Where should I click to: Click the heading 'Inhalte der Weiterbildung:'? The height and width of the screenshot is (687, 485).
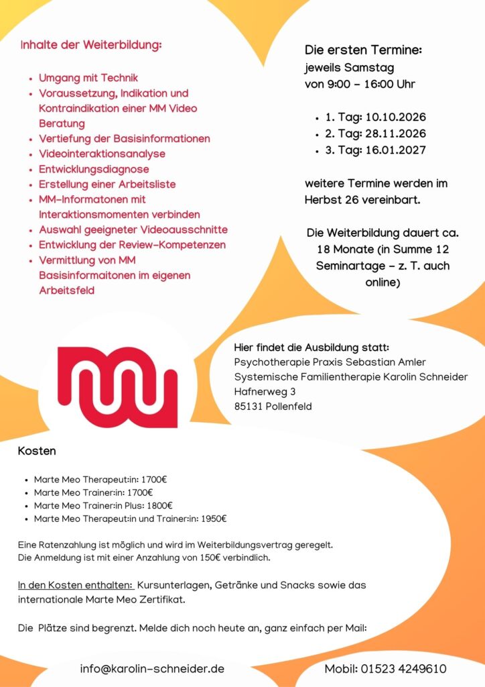91,46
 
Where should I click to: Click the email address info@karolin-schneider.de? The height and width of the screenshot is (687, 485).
152,669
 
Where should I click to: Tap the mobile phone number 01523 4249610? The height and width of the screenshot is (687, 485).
404,669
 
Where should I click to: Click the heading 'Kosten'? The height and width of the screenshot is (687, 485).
37,452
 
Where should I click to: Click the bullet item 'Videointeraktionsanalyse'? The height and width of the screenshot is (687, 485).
102,154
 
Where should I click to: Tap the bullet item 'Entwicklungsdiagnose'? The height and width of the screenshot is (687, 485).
94,169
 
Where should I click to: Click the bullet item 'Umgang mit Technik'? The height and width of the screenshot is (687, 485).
88,78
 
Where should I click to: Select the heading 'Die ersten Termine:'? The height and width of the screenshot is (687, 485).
363,50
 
